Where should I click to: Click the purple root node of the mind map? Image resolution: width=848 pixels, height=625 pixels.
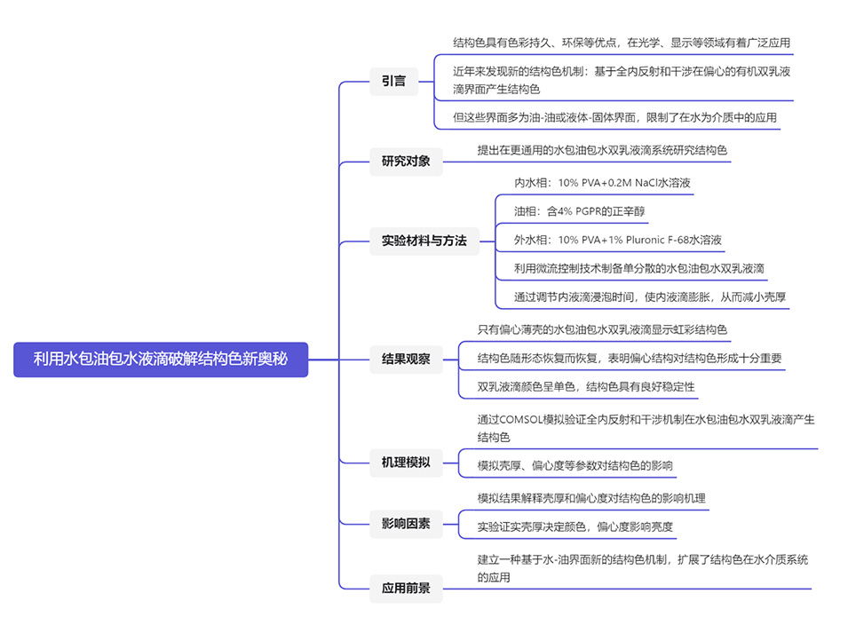coord(161,360)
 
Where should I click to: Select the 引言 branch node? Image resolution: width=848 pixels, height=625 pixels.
coord(393,81)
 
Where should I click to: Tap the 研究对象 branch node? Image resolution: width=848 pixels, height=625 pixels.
coord(406,161)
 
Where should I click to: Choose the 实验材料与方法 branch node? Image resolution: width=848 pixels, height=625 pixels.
coord(424,241)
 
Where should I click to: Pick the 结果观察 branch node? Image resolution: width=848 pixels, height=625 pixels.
coord(406,360)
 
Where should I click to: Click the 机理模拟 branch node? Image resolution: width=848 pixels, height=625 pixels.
coord(406,462)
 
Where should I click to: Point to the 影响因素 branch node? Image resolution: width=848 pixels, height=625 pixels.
coord(406,524)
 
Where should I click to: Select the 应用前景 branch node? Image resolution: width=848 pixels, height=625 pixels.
coord(406,588)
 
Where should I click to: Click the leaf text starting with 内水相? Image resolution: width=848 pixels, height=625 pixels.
coord(602,183)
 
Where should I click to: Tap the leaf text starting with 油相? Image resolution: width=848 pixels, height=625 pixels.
coord(579,211)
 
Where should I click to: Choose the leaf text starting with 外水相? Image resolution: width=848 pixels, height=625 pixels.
coord(617,240)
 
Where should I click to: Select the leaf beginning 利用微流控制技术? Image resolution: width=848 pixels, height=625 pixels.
coord(639,268)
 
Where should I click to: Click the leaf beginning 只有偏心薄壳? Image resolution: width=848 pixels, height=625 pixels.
coord(602,329)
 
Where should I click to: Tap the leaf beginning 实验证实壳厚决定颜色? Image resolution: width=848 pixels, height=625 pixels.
coord(575,526)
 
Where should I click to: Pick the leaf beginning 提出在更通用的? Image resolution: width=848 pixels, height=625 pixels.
coord(602,150)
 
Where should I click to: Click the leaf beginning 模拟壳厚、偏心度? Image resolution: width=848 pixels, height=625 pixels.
coord(575,465)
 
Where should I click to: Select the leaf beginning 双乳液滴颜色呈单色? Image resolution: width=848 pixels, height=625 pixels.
coord(586,387)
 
